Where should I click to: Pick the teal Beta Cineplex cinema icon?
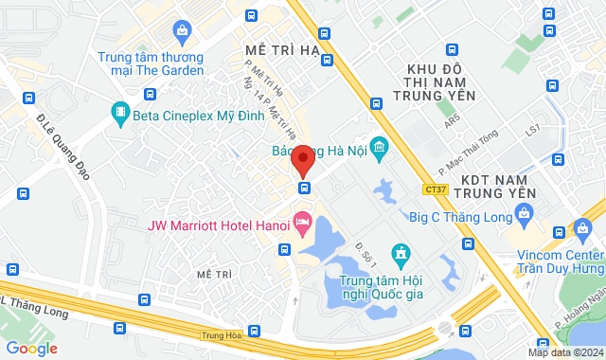pos(120,116)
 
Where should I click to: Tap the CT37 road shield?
pos(435,190)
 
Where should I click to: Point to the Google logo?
pos(30,349)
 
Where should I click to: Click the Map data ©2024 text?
pos(564,352)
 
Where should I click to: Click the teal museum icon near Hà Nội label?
pos(380,148)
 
